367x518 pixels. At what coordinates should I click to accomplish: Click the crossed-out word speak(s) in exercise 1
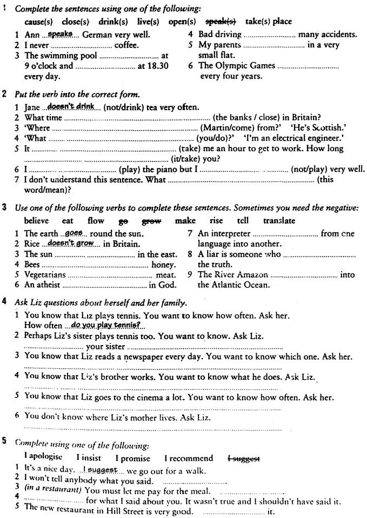[x=222, y=22]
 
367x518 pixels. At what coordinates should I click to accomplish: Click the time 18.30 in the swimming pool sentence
[x=157, y=66]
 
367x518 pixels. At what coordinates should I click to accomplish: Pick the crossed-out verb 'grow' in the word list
[x=152, y=220]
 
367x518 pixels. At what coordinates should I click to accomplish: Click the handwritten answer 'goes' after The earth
[x=72, y=233]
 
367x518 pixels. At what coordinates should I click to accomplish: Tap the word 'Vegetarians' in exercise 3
[x=45, y=274]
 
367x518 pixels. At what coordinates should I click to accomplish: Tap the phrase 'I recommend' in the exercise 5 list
[x=189, y=458]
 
